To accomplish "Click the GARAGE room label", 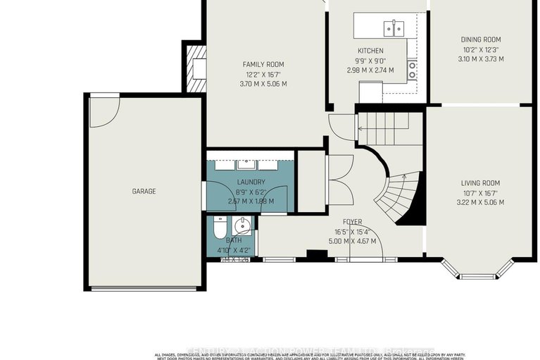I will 144,192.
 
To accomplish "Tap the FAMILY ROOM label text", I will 263,65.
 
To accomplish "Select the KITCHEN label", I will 370,51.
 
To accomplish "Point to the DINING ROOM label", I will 480,39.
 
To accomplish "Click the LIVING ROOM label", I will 481,182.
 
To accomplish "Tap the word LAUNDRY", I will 251,182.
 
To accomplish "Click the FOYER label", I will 352,222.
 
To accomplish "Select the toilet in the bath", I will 218,228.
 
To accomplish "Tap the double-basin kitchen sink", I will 393,28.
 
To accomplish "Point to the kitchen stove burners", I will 413,69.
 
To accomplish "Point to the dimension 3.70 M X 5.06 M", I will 263,84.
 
